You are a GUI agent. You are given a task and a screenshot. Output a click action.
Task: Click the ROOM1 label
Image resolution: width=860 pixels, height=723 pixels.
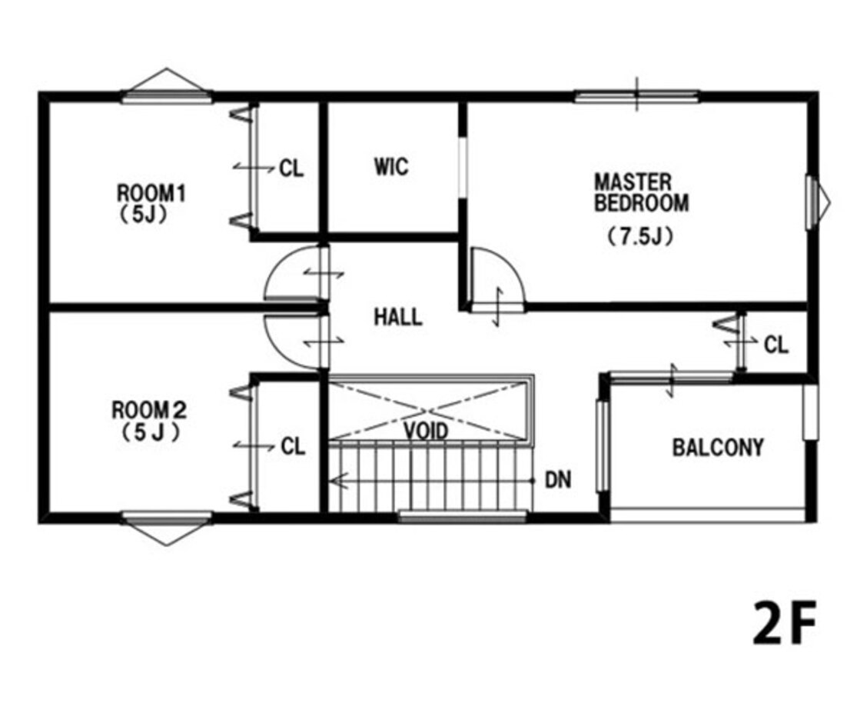point(151,193)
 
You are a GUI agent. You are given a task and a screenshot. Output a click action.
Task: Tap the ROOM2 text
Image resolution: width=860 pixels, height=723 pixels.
point(149,410)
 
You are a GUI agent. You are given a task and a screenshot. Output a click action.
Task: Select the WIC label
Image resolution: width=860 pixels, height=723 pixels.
point(391,166)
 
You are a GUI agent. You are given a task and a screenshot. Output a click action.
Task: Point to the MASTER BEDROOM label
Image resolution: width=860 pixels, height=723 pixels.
point(641,192)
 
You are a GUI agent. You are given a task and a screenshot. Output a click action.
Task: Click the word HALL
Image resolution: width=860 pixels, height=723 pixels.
point(398,318)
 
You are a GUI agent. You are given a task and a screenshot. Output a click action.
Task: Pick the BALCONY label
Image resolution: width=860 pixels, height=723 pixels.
point(718,448)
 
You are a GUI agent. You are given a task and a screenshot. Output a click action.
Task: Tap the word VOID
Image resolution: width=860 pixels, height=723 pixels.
point(427,431)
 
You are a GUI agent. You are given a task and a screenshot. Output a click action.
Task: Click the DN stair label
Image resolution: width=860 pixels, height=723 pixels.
point(558,481)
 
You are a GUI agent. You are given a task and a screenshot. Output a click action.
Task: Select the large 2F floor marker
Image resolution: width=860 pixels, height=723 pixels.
point(784,623)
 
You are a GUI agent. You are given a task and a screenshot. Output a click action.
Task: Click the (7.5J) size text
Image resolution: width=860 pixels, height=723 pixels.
point(640,237)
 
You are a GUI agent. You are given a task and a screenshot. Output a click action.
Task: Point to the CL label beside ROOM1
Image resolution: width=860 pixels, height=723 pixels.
point(291,168)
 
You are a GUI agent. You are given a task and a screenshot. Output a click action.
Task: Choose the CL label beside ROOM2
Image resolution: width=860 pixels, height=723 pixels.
point(293,446)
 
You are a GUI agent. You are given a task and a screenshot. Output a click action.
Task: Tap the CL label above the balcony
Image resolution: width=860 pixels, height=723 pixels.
point(776,345)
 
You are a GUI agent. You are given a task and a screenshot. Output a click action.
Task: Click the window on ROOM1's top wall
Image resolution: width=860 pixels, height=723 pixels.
point(166,97)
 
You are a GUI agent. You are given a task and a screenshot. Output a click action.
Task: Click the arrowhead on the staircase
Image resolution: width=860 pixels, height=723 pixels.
point(336,481)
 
